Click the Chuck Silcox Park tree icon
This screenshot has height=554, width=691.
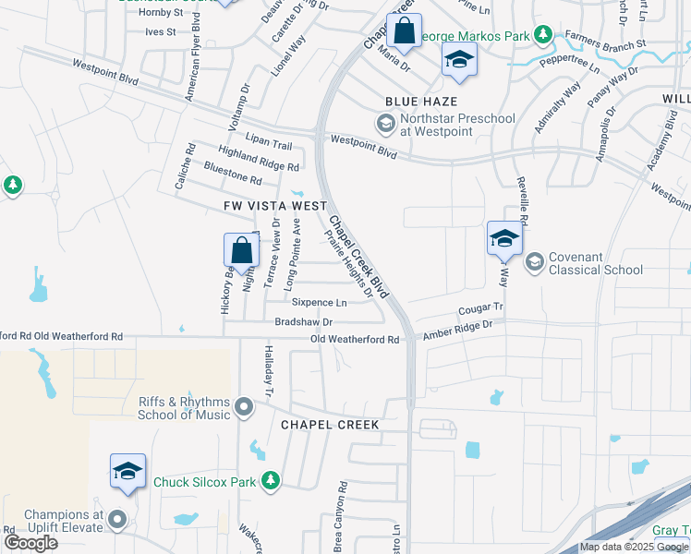click(x=270, y=480)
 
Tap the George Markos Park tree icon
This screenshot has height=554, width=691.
click(x=544, y=36)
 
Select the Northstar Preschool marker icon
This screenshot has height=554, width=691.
click(x=384, y=123)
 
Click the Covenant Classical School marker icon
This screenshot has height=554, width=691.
click(x=533, y=263)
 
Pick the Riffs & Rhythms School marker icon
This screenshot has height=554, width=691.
click(x=244, y=406)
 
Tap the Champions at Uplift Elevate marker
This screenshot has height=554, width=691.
click(x=117, y=520)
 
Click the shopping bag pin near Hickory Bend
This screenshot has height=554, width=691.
click(x=241, y=249)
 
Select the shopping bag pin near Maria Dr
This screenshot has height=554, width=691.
click(x=404, y=31)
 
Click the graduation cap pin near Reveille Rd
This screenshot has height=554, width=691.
click(x=504, y=238)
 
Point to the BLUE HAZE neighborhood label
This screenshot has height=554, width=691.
click(x=422, y=102)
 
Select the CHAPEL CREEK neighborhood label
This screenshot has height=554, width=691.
click(x=330, y=425)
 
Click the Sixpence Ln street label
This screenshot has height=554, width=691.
click(x=319, y=302)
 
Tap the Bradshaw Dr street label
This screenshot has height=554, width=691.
click(x=303, y=321)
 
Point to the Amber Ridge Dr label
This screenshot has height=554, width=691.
click(x=458, y=325)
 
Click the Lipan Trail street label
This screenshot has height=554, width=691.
click(x=269, y=146)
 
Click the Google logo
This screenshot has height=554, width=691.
click(x=30, y=543)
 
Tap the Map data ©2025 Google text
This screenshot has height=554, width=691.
click(x=634, y=547)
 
